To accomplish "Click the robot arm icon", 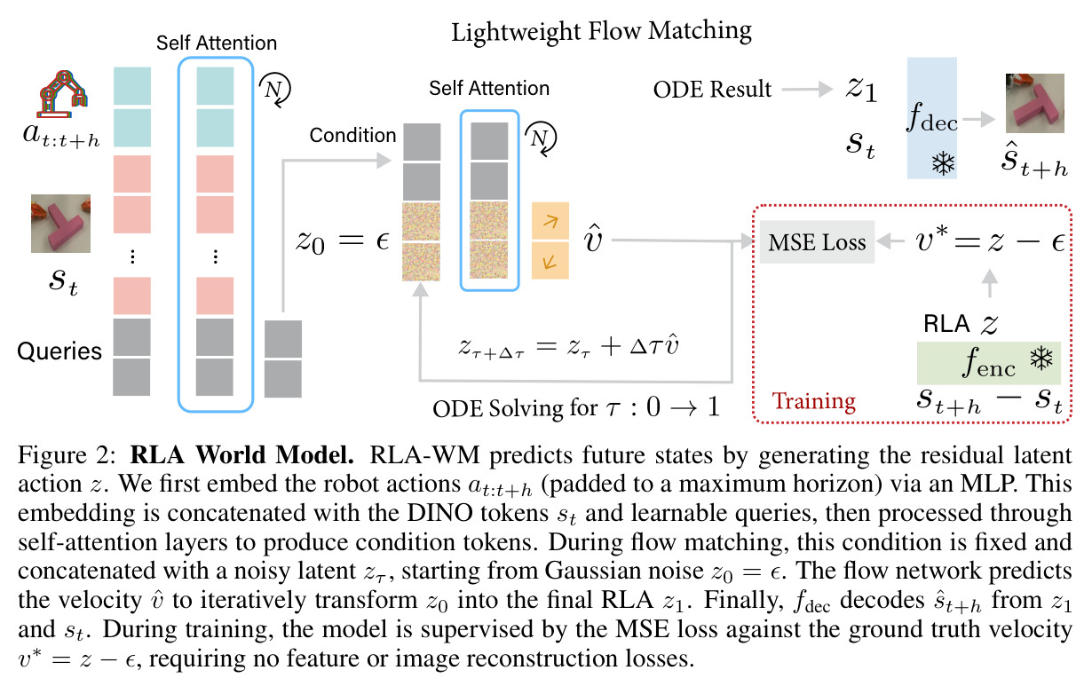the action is click(63, 94).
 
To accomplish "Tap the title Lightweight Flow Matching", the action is click(601, 32).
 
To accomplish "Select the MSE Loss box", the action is click(817, 242).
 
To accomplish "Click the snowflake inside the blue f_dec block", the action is click(944, 163).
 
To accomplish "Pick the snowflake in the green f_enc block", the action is click(1041, 359).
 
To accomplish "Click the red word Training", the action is click(813, 401).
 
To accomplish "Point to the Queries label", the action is click(59, 351).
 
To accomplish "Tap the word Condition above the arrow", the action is click(353, 135).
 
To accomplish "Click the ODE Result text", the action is click(712, 90).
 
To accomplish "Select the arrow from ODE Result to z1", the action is click(807, 89).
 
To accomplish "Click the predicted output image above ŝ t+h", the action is click(1035, 103).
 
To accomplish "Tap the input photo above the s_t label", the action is click(60, 224).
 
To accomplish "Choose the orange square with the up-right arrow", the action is click(550, 221).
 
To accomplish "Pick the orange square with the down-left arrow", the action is click(550, 261).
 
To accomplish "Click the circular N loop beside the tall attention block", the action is click(274, 90).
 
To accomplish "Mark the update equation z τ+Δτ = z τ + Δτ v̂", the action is click(569, 346).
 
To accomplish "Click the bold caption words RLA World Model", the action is click(241, 454).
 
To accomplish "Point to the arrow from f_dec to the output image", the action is click(979, 119).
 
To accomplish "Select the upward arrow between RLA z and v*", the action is click(989, 283).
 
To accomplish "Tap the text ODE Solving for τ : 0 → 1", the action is click(576, 407).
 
